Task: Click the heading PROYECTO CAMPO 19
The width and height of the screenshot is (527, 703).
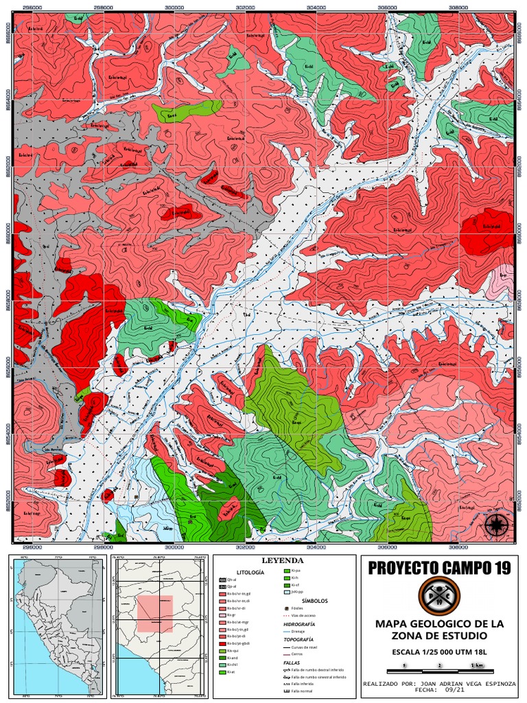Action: [x=439, y=568]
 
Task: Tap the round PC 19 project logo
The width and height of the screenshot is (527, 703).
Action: [x=439, y=595]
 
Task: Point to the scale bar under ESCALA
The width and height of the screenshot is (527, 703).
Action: [x=439, y=666]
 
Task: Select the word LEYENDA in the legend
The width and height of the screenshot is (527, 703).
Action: [x=281, y=561]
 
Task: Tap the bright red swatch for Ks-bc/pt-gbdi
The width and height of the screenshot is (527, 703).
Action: [x=222, y=643]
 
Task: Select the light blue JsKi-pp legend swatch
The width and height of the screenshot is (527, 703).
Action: [x=287, y=590]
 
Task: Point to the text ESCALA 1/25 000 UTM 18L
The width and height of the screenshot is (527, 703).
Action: [x=439, y=652]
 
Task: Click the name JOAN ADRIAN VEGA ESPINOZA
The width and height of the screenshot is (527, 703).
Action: [x=465, y=684]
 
